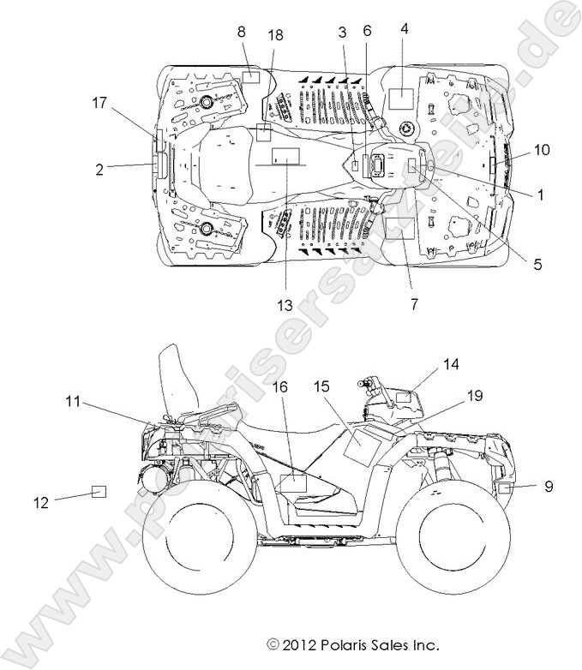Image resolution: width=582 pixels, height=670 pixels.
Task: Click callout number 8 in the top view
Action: (x=242, y=32)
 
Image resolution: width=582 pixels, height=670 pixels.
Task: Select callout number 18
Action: (x=275, y=34)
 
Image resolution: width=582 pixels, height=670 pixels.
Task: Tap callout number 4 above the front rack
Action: (x=404, y=28)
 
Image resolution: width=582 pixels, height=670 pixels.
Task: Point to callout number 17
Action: (x=100, y=103)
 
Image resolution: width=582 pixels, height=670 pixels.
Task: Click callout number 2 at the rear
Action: (x=100, y=170)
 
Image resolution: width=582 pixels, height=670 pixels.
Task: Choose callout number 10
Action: (x=542, y=150)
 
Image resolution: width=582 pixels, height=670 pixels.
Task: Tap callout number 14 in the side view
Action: (x=451, y=365)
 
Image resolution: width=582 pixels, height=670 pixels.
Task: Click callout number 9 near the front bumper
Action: (x=549, y=486)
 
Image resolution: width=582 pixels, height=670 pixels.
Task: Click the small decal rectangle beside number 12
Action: (x=99, y=492)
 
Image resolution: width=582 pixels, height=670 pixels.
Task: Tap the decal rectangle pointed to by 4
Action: (x=401, y=96)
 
